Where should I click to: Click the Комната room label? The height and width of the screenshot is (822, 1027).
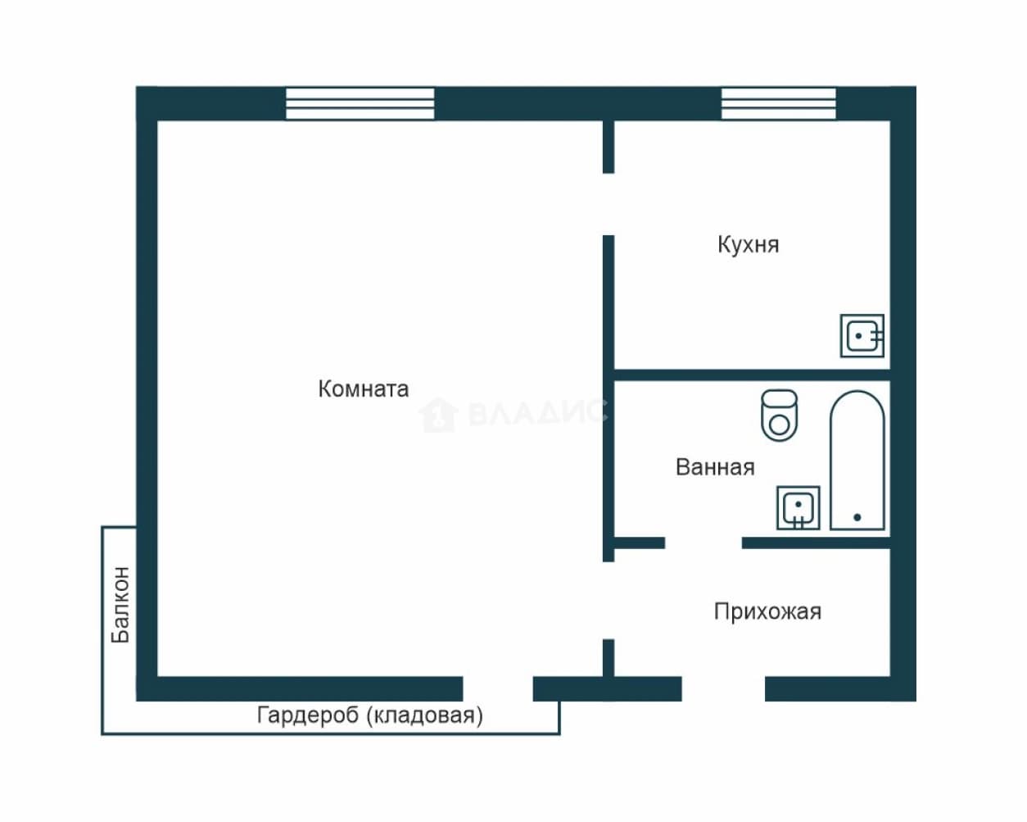363,389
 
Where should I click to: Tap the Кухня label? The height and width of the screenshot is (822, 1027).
748,245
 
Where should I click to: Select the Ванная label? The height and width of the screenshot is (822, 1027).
715,467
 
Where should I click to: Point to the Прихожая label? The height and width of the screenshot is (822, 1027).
767,611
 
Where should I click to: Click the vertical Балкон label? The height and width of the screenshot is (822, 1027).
120,605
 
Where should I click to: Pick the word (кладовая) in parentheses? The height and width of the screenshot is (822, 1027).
425,715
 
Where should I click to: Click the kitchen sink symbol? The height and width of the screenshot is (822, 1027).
862,335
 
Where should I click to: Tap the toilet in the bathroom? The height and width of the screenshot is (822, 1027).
780,415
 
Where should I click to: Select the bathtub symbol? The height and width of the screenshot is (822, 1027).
857,461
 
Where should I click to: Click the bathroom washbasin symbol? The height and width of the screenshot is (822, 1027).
799,508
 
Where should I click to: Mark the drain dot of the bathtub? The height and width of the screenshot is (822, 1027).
857,517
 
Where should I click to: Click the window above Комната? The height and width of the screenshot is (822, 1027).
360,103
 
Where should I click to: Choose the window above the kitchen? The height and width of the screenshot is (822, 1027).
778,103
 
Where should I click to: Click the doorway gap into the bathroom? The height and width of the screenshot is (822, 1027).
704,543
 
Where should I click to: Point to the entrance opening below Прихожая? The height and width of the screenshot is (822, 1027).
723,688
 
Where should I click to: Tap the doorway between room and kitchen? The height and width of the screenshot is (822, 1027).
609,204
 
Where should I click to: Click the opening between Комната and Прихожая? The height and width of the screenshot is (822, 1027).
609,601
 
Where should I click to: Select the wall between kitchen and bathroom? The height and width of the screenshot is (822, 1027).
752,375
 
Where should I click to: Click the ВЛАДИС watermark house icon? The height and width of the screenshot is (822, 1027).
438,415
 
